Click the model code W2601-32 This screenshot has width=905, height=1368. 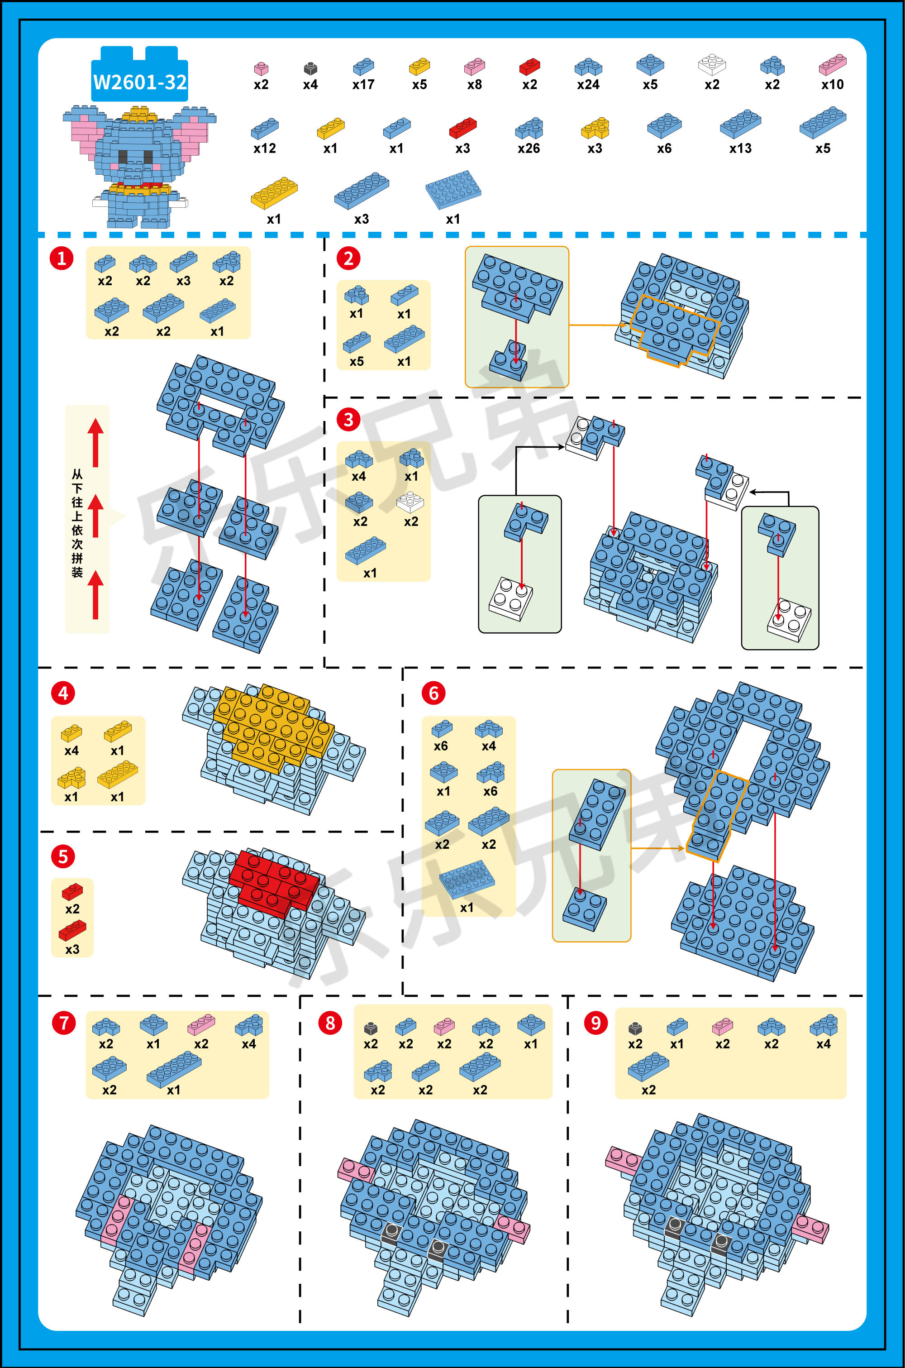click(140, 82)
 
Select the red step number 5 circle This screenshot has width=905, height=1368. click(63, 856)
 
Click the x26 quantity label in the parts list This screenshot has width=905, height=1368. click(529, 148)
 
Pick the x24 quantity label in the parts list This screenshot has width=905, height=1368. click(588, 85)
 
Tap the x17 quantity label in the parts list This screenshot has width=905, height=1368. click(364, 85)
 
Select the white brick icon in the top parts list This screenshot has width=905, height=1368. click(712, 65)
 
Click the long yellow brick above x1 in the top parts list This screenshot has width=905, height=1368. click(274, 193)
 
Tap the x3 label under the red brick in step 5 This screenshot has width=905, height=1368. click(72, 949)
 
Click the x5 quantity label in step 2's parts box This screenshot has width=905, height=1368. click(357, 361)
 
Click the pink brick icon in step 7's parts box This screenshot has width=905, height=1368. click(201, 1024)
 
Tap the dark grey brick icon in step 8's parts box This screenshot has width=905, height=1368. click(371, 1028)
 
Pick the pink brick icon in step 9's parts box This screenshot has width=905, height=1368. click(722, 1026)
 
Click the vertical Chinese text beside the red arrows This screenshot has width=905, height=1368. click(77, 523)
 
